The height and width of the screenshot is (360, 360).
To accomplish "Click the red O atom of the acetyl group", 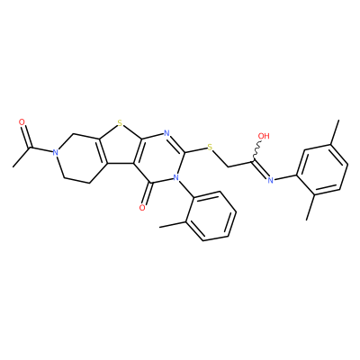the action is coord(22,122).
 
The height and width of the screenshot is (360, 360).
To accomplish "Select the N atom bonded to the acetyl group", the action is coord(55,152).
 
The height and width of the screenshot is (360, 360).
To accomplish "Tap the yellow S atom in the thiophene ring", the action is coord(120,122).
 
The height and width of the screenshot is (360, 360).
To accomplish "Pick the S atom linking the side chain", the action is coord(210,148).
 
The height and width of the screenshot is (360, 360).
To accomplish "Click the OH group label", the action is coord(264,136).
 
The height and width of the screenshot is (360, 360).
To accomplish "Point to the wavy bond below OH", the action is coord(256,152).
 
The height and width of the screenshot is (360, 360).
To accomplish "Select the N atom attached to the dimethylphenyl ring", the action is coord(270,180).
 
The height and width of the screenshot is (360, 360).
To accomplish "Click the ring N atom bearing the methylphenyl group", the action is coord(176,177).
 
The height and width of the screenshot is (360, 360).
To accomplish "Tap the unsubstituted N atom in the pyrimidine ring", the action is coord(166,133).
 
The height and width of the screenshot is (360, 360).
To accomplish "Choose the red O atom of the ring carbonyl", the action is coord(142,208).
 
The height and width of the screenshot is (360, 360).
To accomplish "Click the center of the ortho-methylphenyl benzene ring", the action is coord(211,215).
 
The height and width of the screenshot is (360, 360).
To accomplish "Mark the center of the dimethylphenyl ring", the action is coord(322,167).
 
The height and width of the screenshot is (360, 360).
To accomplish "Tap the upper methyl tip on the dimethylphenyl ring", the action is coord(338,121).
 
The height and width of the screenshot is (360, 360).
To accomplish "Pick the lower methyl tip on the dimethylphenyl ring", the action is coord(307,220).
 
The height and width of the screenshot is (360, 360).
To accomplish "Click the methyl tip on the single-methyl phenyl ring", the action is coord(160,227).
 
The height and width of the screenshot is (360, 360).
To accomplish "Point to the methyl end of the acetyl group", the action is coord(13,166).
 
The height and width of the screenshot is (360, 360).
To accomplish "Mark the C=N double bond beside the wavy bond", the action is coord(260,170).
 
